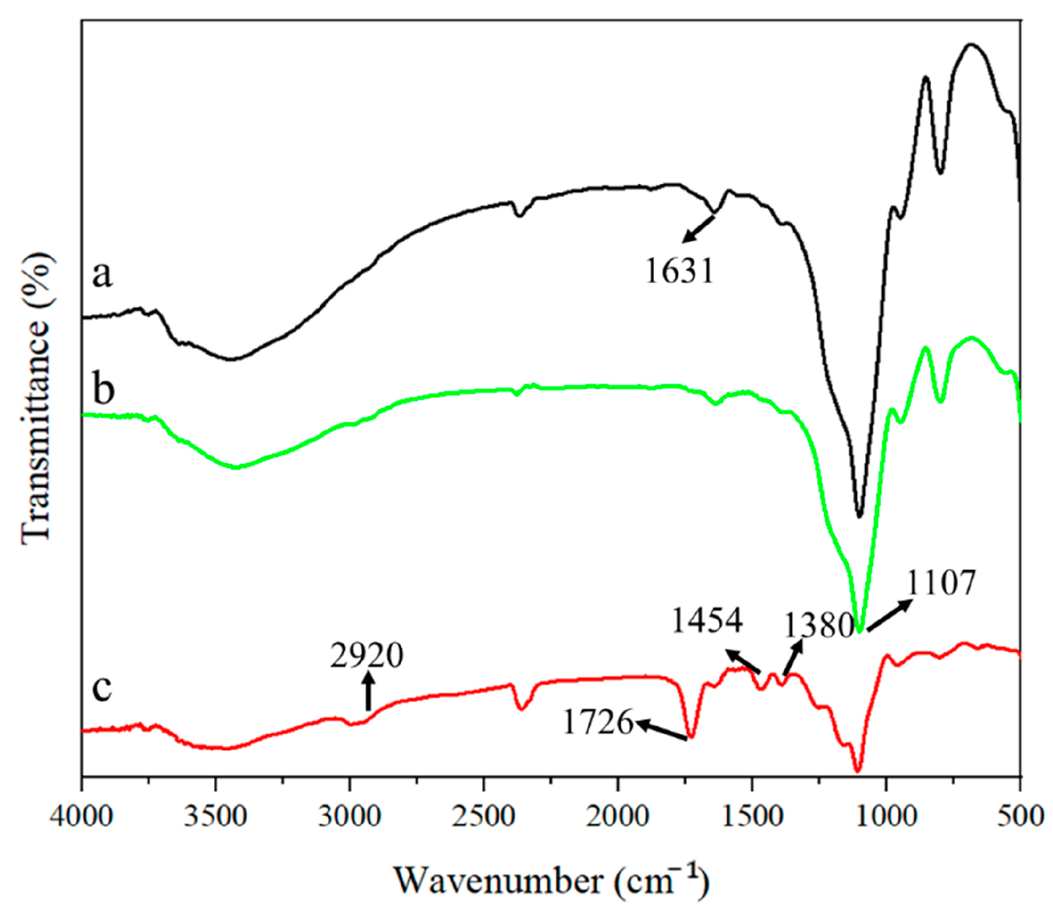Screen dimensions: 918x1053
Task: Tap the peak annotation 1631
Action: click(679, 271)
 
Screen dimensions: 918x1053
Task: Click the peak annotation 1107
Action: click(940, 584)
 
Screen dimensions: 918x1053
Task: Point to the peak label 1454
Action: click(707, 620)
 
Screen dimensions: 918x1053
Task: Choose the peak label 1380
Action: click(818, 626)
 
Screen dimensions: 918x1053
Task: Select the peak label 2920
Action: click(366, 656)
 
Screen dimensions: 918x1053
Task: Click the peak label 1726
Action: click(598, 722)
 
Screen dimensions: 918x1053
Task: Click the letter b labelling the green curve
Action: click(103, 388)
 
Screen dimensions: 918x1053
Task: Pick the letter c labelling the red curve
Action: click(102, 687)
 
